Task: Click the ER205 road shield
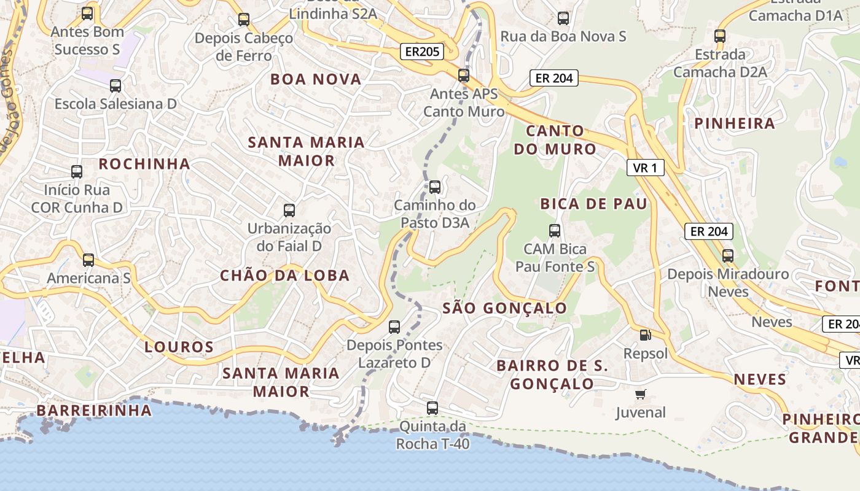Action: click(423, 52)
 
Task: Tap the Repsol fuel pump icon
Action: click(645, 335)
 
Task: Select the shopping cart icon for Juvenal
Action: click(641, 394)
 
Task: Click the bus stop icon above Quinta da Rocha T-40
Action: click(432, 408)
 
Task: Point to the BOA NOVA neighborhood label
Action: click(316, 79)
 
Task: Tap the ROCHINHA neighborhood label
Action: click(144, 164)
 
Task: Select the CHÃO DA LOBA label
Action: click(285, 276)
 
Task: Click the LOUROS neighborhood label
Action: click(179, 347)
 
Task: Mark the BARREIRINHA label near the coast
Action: click(94, 411)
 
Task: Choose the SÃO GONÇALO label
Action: click(505, 308)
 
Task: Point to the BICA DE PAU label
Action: click(594, 204)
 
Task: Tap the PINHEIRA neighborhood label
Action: click(735, 123)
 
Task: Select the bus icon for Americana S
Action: click(88, 260)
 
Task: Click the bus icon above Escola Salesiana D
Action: click(115, 86)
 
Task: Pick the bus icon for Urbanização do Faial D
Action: click(289, 211)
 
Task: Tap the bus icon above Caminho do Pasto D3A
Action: click(435, 187)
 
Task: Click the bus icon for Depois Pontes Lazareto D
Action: click(394, 327)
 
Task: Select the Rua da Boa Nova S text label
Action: click(563, 36)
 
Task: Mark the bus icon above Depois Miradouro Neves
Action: click(728, 255)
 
